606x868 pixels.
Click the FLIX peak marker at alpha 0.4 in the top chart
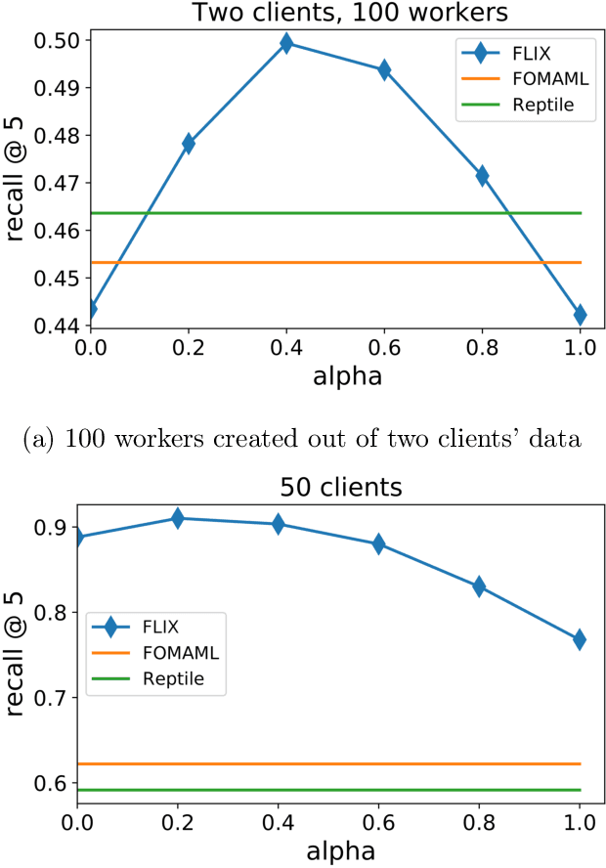point(286,43)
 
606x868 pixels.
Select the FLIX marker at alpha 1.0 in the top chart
point(580,315)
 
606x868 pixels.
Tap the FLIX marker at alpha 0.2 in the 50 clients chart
point(178,518)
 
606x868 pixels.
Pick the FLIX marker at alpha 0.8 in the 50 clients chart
point(479,586)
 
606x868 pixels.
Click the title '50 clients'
point(327,486)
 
